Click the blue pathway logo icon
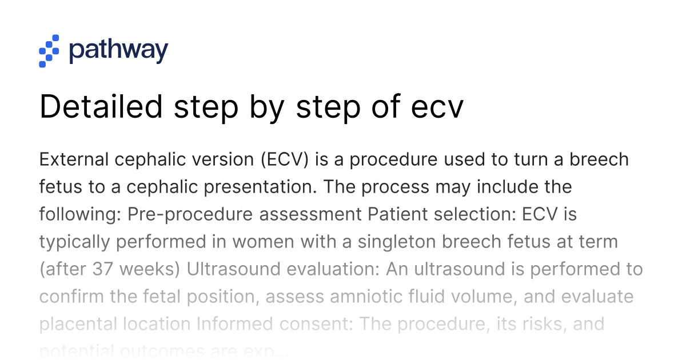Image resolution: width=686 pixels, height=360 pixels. [49, 51]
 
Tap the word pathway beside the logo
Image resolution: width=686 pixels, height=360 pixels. [118, 51]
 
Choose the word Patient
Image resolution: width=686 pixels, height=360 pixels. [395, 214]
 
